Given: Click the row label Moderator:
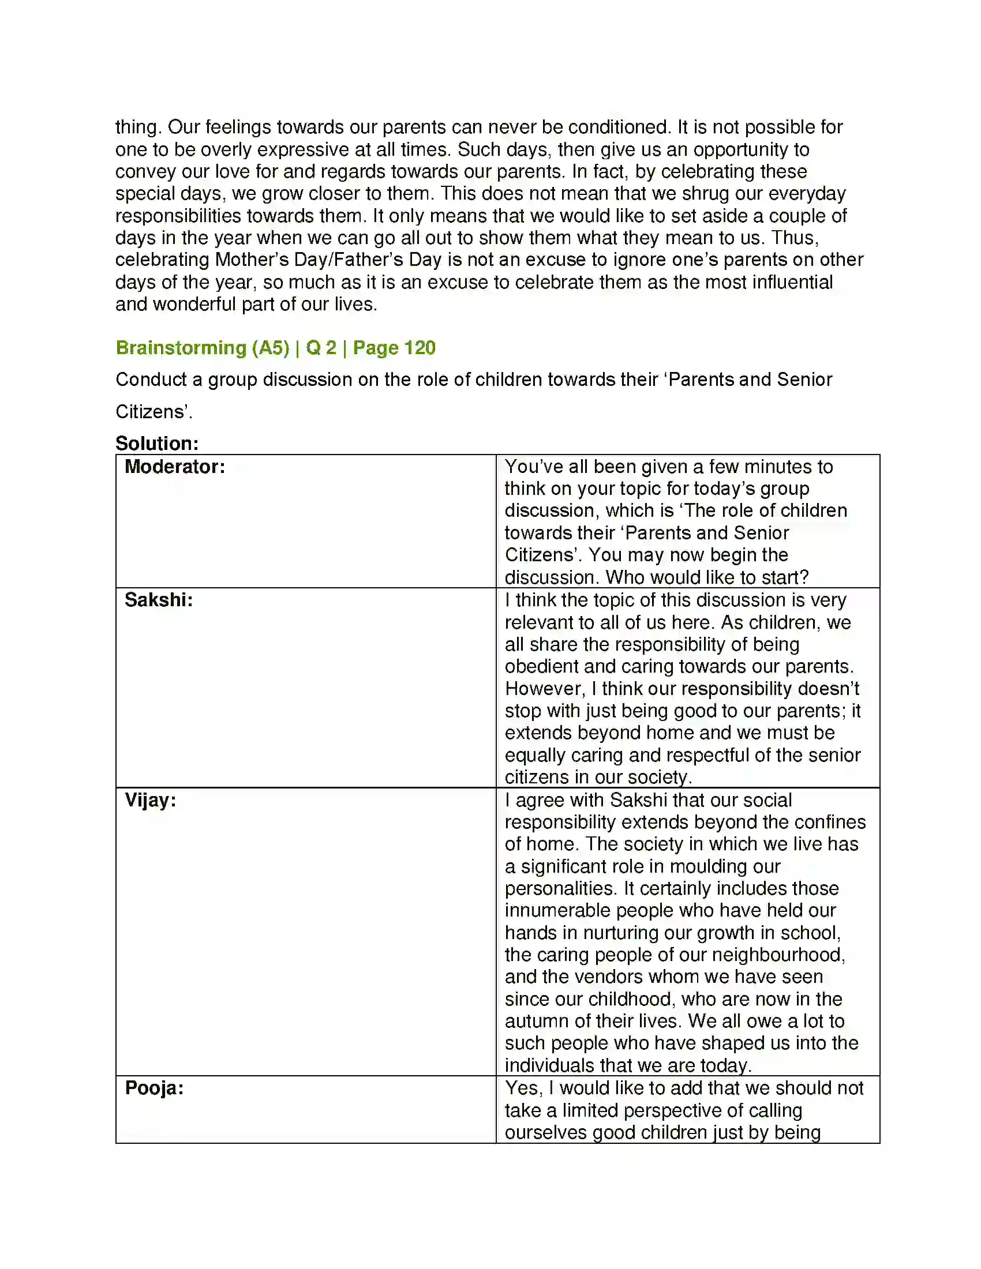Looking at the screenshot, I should tap(174, 467).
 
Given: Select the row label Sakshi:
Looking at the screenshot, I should tap(158, 600).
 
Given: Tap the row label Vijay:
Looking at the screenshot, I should tap(150, 801).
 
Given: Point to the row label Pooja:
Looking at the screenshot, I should tap(154, 1088).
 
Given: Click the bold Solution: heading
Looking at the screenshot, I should tap(157, 444).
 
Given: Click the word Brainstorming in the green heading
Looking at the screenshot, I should tap(181, 348).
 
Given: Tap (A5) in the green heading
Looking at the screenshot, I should tap(270, 348).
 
